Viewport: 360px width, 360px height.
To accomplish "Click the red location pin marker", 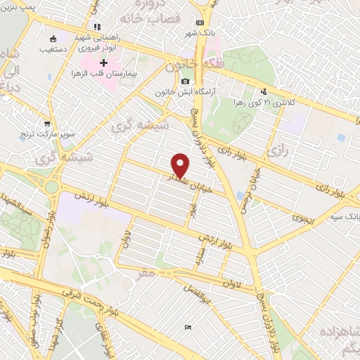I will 181,165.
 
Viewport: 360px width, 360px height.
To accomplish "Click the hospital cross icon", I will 104,63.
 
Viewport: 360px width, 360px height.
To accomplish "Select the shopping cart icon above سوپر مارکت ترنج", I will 47,122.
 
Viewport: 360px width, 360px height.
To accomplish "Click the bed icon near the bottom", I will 187,328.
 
